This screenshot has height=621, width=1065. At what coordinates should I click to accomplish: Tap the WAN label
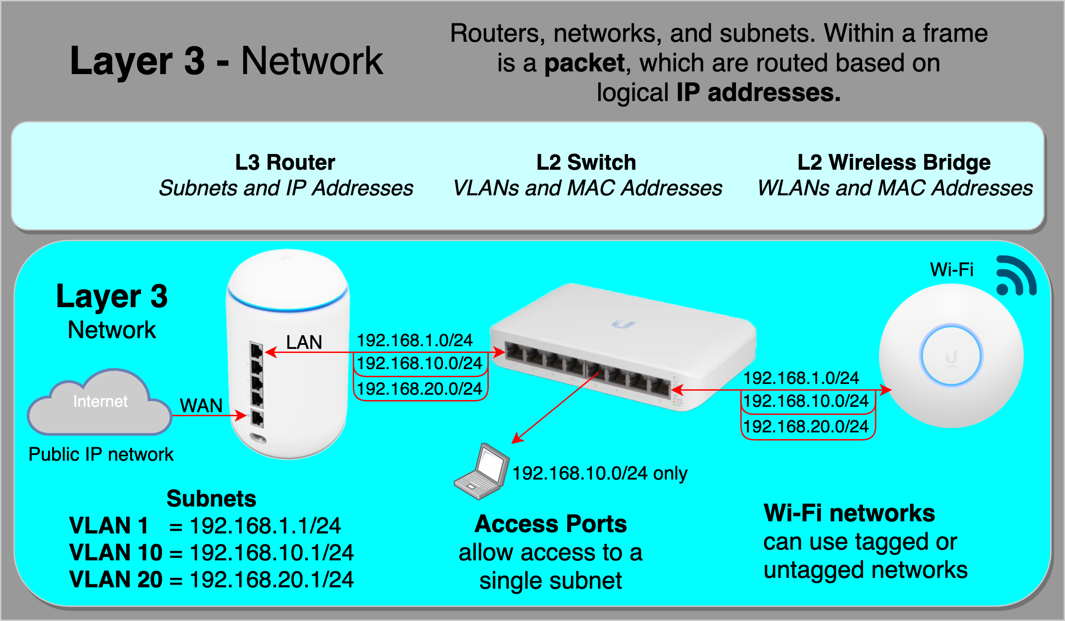[x=201, y=405]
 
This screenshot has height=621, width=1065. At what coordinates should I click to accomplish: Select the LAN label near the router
[x=304, y=342]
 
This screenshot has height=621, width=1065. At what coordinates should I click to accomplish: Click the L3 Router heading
[x=285, y=162]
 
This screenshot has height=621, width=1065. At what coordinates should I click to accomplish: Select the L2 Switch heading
[x=586, y=162]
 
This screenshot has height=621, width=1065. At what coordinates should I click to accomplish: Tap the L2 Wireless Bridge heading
[x=894, y=162]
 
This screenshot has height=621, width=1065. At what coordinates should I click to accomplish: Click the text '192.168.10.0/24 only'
[x=600, y=473]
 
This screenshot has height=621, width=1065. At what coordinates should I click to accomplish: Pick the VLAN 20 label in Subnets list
[x=116, y=579]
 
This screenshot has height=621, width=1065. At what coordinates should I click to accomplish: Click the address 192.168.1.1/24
[x=265, y=525]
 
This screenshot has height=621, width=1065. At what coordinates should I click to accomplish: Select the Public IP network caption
[x=101, y=454]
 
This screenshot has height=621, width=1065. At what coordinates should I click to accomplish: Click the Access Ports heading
[x=551, y=524]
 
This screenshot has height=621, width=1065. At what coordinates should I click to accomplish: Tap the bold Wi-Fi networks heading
[x=849, y=513]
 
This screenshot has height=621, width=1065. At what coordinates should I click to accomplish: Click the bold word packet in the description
[x=584, y=63]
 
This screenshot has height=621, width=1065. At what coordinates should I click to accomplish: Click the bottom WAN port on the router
[x=257, y=418]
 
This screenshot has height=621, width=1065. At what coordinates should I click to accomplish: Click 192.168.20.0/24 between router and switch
[x=420, y=388]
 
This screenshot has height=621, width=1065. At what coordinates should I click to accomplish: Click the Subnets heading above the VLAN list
[x=211, y=498]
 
